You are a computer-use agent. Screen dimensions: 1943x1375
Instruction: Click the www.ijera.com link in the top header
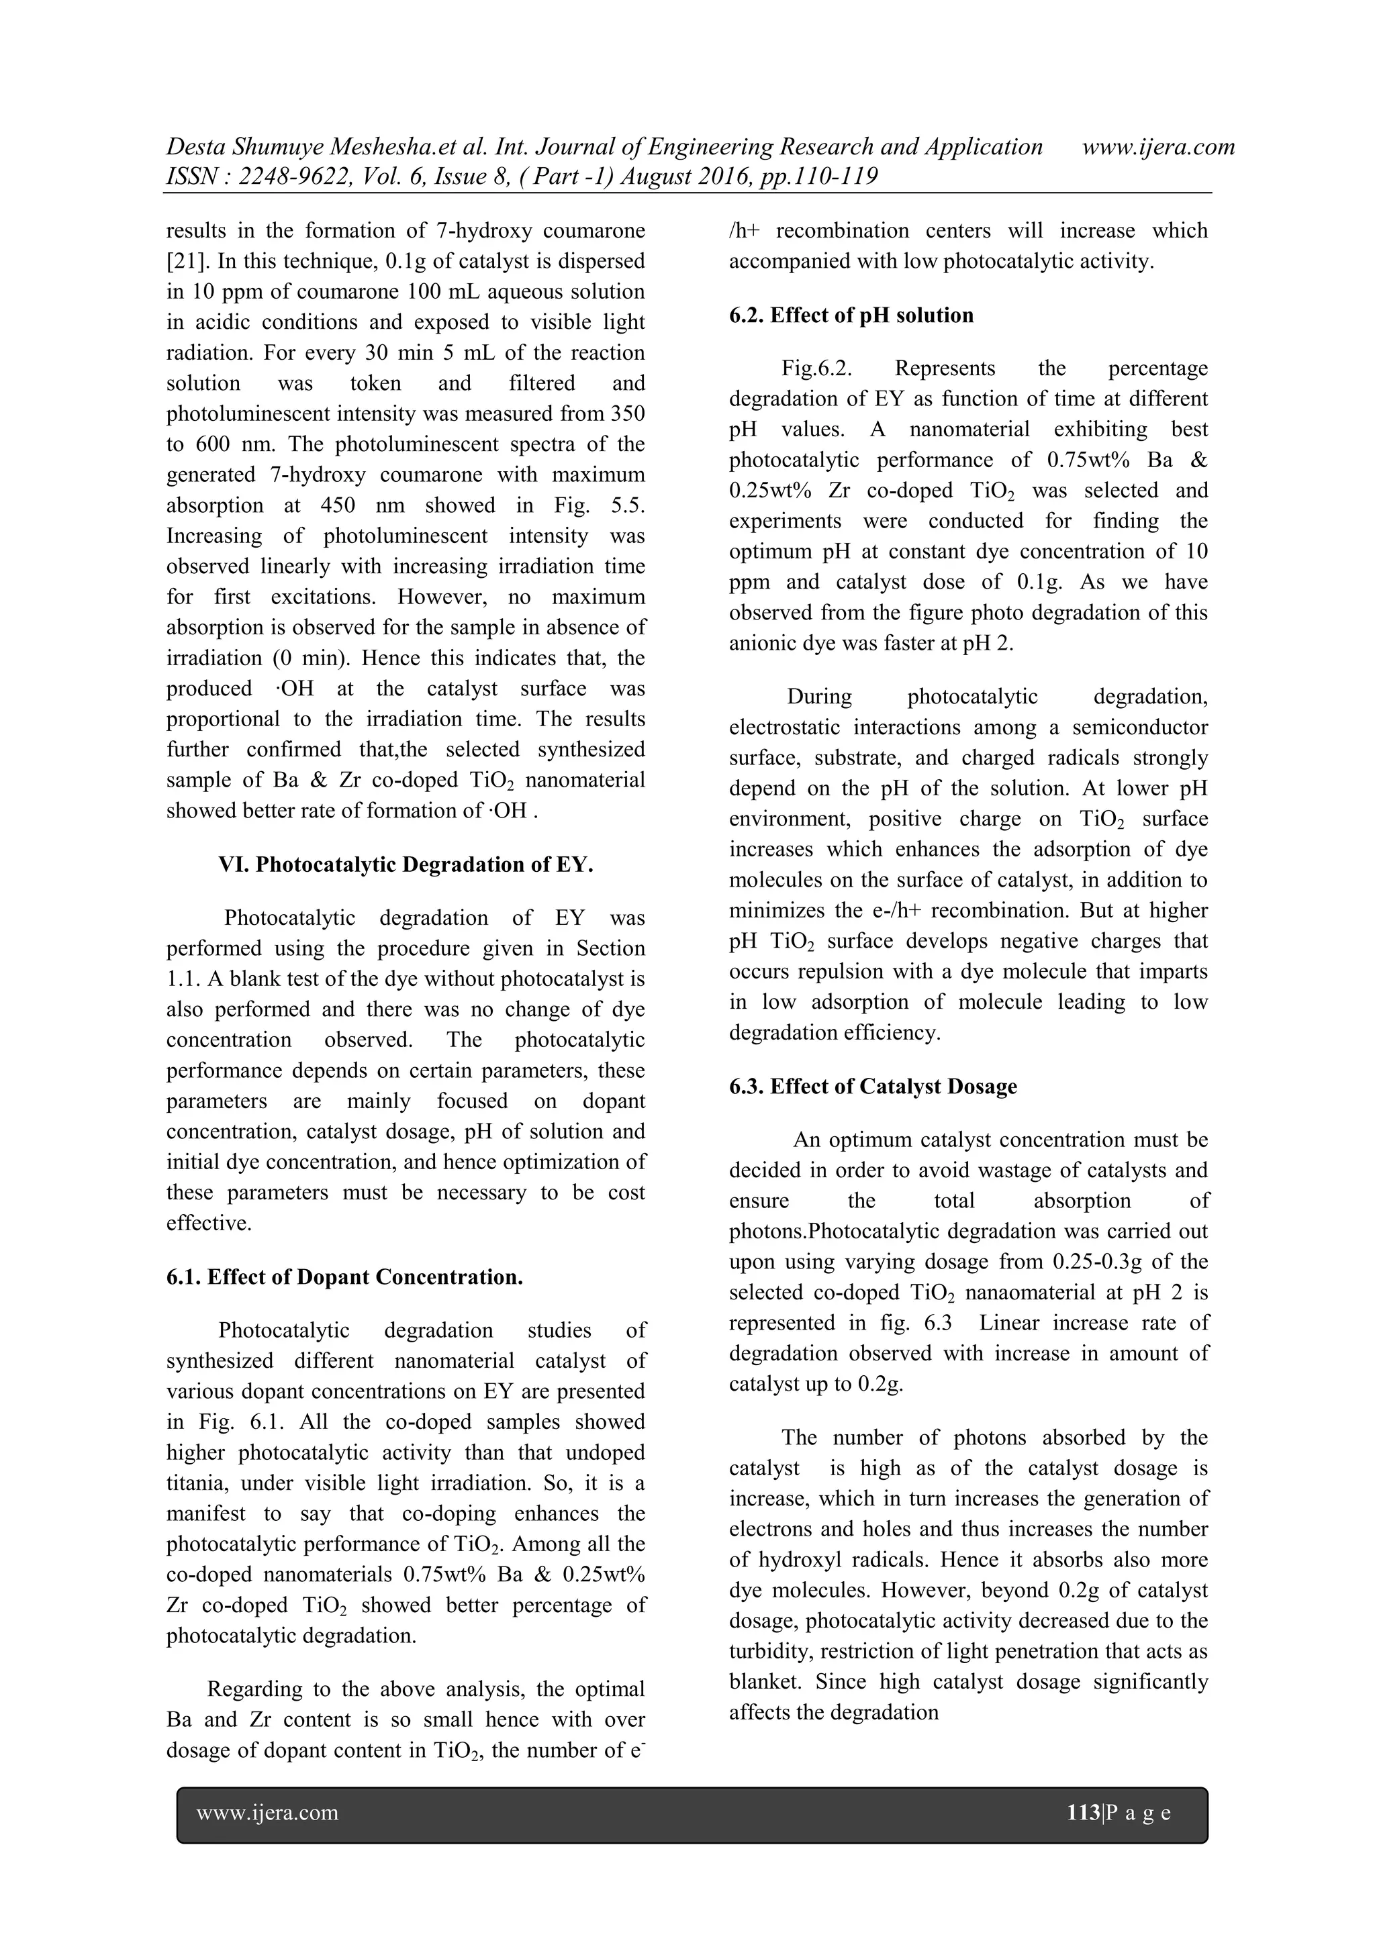tap(1157, 147)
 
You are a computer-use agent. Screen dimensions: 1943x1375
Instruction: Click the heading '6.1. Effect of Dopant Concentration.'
tap(344, 1277)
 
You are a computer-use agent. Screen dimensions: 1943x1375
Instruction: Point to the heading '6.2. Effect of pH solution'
tap(851, 315)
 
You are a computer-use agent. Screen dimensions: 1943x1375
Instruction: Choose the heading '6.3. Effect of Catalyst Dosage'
tap(873, 1087)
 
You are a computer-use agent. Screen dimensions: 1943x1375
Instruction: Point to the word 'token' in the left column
tap(375, 383)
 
